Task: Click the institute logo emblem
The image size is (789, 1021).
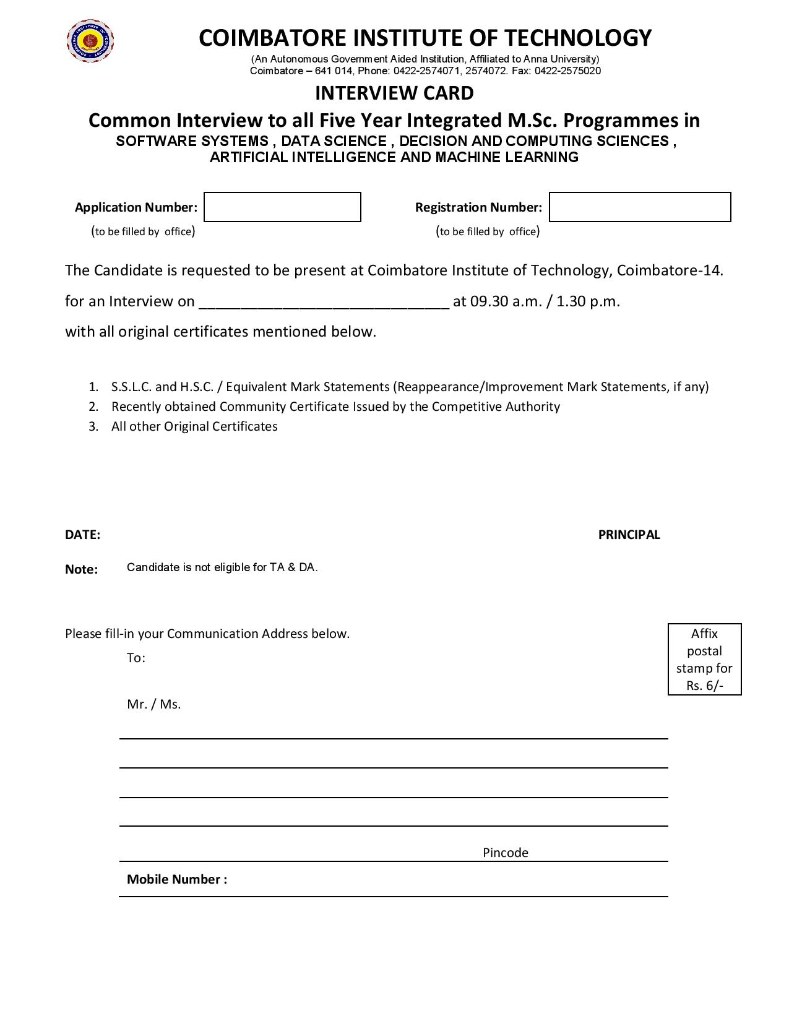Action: point(90,41)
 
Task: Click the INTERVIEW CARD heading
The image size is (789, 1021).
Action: point(394,93)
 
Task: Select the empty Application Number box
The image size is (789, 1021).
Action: point(282,207)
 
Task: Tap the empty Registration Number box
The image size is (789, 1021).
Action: point(640,207)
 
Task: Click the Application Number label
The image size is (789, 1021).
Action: point(136,207)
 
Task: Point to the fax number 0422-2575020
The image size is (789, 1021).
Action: point(567,71)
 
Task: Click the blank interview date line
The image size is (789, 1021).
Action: point(322,302)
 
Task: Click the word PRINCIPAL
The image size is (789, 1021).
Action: point(629,535)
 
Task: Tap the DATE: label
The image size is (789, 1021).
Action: point(82,535)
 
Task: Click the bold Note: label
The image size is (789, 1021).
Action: point(81,569)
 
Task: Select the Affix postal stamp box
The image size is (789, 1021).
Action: point(704,660)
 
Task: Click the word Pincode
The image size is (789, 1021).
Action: point(505,853)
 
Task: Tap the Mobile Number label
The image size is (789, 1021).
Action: point(176,879)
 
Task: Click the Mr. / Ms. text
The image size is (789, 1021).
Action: point(153,704)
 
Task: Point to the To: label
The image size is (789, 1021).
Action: point(136,658)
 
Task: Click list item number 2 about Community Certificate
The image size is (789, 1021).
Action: point(335,407)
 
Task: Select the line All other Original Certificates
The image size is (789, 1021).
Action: point(194,426)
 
